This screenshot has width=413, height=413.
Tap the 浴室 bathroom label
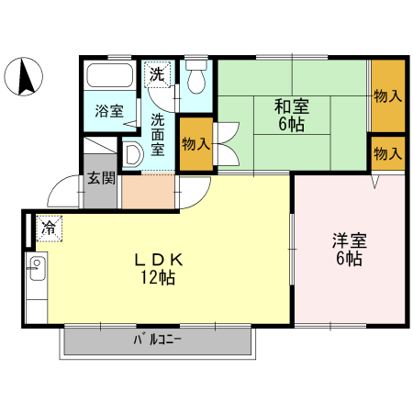pos(109,111)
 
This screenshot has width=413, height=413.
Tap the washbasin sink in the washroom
pos(133,153)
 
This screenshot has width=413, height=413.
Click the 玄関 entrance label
pos(101,177)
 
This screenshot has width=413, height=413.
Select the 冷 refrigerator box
pos(48,226)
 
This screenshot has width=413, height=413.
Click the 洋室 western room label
pos(349,242)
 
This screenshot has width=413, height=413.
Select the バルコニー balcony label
pos(158,340)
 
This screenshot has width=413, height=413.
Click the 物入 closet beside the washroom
pos(195,144)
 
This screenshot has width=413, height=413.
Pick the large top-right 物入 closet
pos(387,95)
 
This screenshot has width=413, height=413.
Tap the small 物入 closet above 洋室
pos(387,153)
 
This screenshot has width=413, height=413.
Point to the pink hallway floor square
pos(147,191)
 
